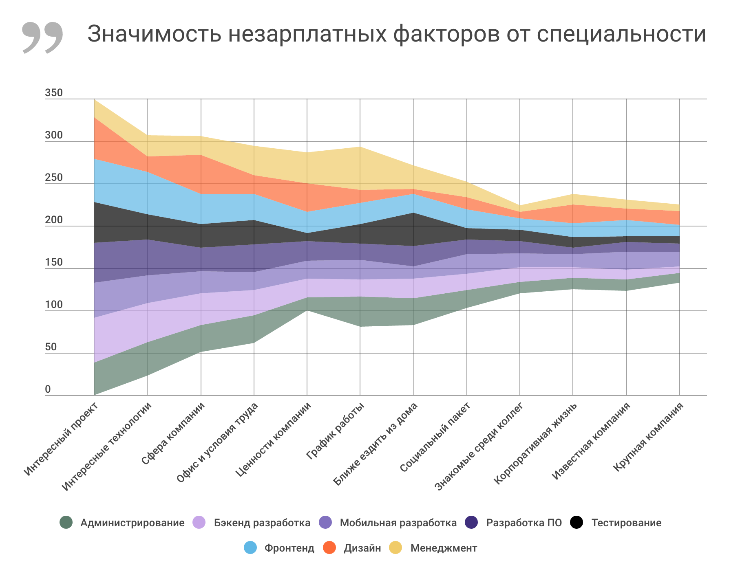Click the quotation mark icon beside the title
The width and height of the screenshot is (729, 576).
(x=42, y=37)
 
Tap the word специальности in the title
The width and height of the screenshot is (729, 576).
(x=621, y=34)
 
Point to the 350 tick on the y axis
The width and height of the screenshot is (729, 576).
(x=54, y=93)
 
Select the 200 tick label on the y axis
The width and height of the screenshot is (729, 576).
(x=54, y=220)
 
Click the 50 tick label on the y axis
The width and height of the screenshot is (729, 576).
(x=51, y=347)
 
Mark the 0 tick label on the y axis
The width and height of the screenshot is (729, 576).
(x=48, y=389)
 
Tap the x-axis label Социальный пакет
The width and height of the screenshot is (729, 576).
(x=435, y=437)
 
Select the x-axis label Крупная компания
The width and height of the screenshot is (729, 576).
(x=648, y=437)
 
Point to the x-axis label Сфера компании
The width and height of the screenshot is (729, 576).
(x=172, y=434)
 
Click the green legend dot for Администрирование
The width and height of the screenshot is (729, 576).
(x=66, y=523)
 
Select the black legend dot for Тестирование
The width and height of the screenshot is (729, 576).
(x=577, y=523)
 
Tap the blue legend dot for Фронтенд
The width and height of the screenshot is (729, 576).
(x=250, y=548)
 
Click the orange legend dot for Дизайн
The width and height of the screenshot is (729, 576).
(x=329, y=548)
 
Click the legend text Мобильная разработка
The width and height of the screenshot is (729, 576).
(x=398, y=523)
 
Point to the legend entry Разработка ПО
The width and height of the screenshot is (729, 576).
(x=524, y=523)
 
